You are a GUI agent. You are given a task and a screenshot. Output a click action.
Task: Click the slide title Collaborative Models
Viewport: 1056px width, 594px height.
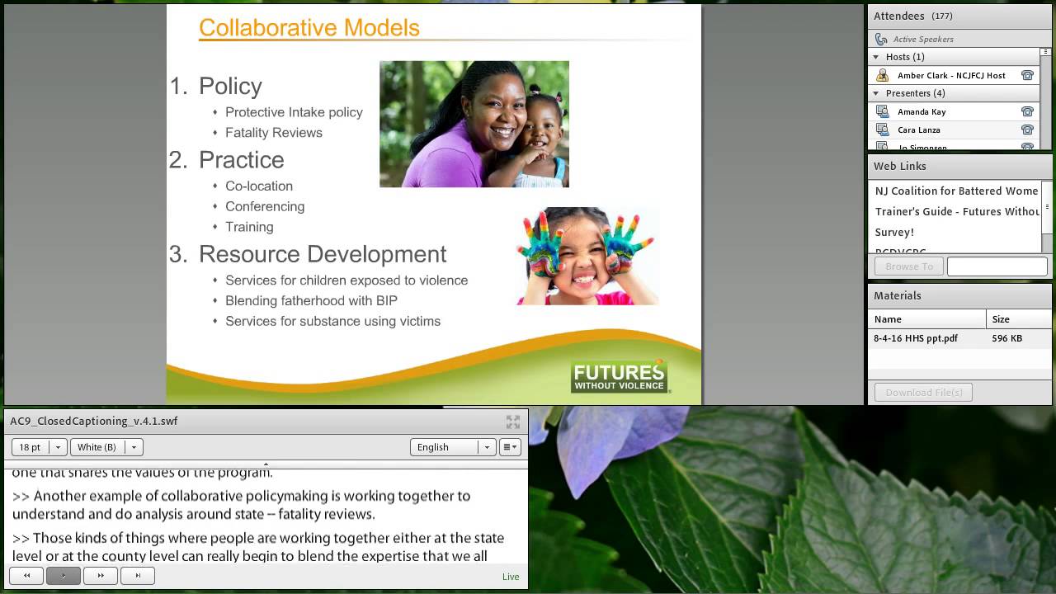click(309, 27)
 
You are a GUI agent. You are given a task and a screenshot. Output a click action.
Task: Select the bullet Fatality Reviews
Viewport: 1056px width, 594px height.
click(273, 132)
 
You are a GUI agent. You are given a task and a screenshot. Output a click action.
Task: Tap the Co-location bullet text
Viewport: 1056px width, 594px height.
click(258, 186)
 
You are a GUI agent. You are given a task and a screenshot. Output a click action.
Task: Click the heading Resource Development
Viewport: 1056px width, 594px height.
click(322, 254)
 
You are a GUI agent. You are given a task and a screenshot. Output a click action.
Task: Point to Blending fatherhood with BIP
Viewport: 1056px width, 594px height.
click(311, 300)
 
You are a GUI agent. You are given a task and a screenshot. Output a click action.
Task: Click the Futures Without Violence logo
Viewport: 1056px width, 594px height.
click(619, 376)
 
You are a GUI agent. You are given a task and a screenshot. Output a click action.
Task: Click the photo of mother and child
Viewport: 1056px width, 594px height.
click(474, 124)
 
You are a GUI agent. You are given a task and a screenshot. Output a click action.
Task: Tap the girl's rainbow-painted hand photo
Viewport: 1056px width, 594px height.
click(587, 256)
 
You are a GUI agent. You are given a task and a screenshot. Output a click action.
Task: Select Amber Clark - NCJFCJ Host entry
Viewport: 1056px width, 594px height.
click(950, 75)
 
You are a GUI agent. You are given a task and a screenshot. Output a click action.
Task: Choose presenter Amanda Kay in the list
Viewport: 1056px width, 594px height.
click(922, 111)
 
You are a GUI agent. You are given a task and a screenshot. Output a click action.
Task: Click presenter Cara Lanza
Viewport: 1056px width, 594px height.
click(918, 130)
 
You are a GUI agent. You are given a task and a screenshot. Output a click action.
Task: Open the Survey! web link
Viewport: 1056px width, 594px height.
click(894, 232)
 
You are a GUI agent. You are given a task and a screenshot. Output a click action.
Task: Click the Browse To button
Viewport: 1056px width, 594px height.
click(908, 266)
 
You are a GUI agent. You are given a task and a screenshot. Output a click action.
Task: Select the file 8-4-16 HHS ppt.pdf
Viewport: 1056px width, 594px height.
click(916, 338)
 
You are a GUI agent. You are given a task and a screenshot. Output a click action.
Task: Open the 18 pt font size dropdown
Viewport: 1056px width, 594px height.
click(39, 447)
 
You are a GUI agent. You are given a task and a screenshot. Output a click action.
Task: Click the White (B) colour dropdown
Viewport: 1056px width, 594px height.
click(106, 447)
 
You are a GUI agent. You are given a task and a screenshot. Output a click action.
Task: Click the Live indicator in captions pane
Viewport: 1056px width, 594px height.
click(511, 577)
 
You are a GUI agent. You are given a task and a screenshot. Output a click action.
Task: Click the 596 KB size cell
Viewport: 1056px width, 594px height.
click(1006, 338)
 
